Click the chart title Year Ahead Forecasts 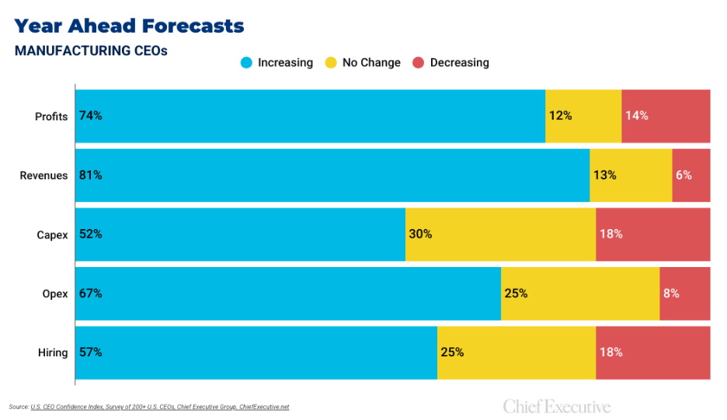tap(129, 26)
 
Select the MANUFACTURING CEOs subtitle tap(91, 50)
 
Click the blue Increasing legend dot tap(247, 62)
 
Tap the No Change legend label tap(371, 62)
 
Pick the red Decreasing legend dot tap(418, 62)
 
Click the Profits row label tap(51, 116)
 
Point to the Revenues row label tap(43, 175)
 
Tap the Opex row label tap(54, 293)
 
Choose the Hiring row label tap(52, 352)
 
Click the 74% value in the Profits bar tap(90, 116)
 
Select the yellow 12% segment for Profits tap(583, 116)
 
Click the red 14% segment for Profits tap(666, 116)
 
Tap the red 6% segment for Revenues tap(690, 175)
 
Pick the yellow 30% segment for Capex tap(500, 234)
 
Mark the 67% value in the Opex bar tap(90, 293)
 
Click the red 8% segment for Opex tap(684, 293)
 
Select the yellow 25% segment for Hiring tap(516, 352)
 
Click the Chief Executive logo tap(556, 407)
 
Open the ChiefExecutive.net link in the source tap(264, 407)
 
